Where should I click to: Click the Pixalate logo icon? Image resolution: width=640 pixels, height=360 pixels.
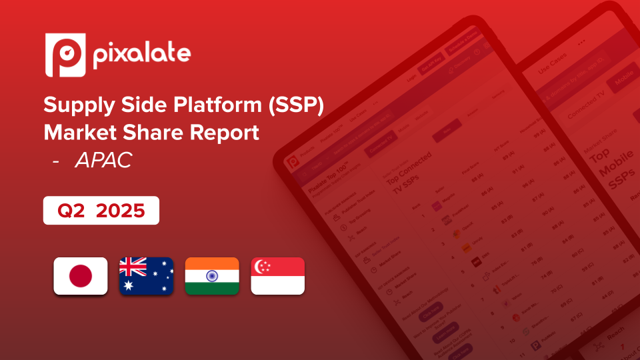tap(65, 55)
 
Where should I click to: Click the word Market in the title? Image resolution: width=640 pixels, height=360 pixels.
tap(76, 132)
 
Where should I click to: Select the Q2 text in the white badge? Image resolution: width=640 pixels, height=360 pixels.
tap(72, 211)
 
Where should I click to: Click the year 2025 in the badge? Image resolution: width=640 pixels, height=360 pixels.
tap(121, 211)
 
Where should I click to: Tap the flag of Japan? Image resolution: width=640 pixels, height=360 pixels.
tap(80, 276)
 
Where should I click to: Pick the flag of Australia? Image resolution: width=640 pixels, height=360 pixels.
tap(146, 276)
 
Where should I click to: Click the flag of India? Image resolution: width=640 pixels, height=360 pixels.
tap(212, 276)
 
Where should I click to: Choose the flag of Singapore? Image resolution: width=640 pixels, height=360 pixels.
tap(277, 276)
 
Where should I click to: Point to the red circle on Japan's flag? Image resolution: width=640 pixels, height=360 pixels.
tap(80, 276)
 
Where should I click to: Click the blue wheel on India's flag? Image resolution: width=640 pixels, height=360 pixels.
tap(212, 276)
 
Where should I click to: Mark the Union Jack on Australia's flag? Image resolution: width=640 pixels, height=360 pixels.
tap(133, 267)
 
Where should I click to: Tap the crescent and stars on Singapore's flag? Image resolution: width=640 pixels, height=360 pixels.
tap(263, 267)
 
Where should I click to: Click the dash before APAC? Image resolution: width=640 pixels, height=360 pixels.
tap(57, 161)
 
